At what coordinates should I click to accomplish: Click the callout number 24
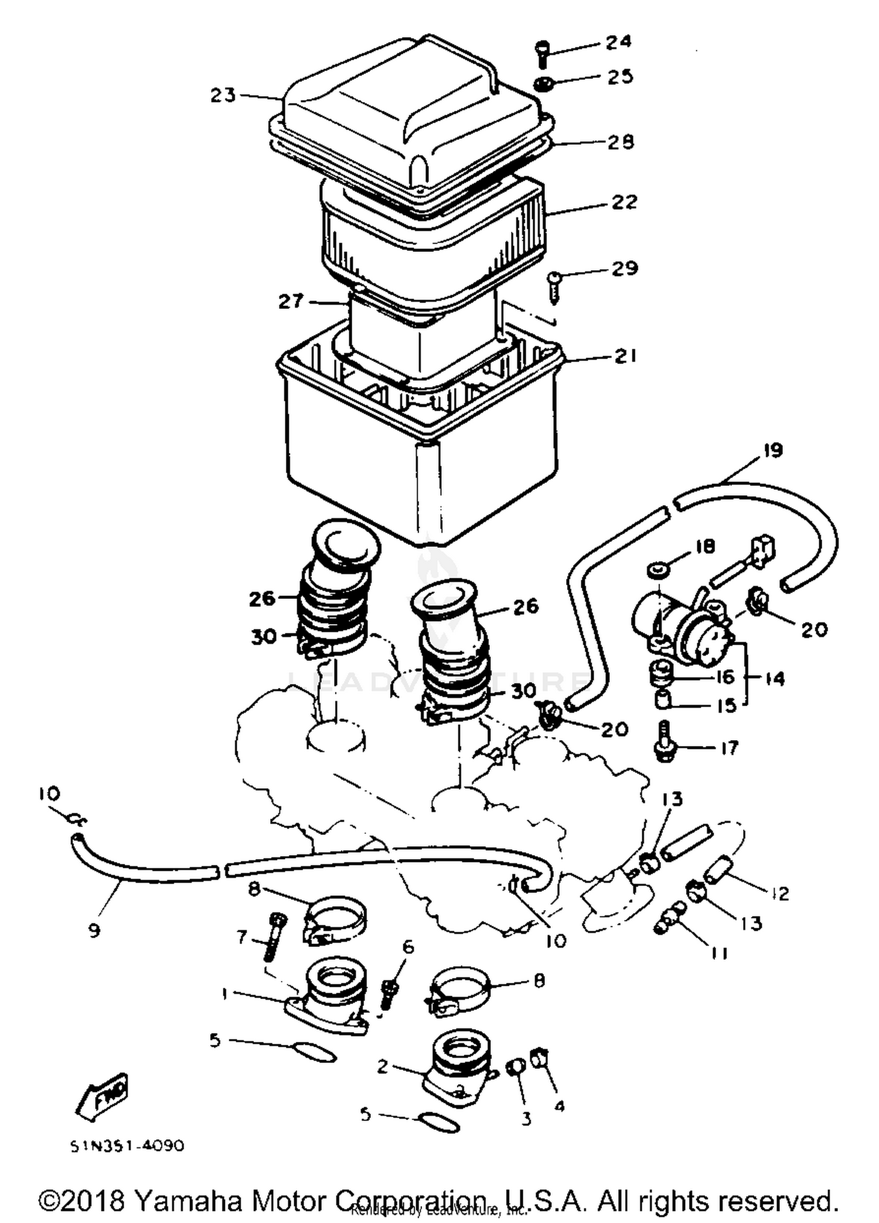point(618,42)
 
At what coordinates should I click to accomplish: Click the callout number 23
point(223,95)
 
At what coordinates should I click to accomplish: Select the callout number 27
point(291,302)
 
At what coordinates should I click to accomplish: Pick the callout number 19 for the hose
point(772,451)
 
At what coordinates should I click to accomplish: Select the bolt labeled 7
point(274,938)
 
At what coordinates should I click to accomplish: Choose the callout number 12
point(780,893)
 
